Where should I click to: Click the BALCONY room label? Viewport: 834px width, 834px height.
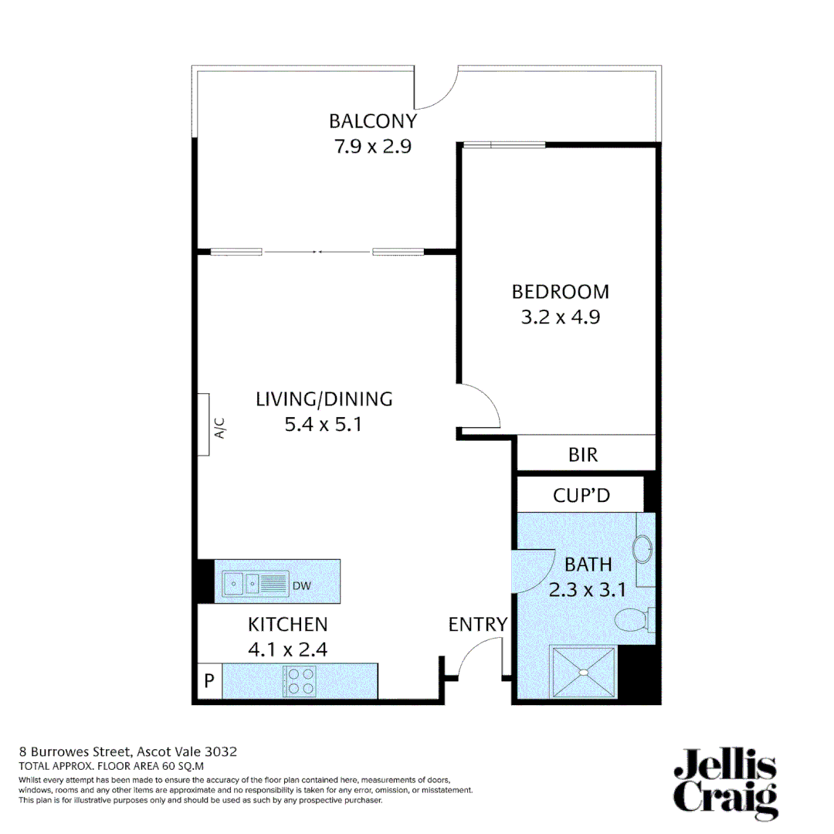[x=373, y=121]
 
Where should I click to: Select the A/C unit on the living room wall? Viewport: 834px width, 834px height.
[x=205, y=424]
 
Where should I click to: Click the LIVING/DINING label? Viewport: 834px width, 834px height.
[x=324, y=399]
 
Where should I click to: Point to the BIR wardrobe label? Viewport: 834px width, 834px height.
[x=583, y=455]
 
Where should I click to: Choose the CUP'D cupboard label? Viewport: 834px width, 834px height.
[x=581, y=495]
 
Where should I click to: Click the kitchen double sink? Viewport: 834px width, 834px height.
[x=255, y=584]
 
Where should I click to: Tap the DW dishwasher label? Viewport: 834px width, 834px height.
[x=301, y=586]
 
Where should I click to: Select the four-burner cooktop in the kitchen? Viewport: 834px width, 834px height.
[x=300, y=680]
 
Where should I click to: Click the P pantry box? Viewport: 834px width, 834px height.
[x=208, y=681]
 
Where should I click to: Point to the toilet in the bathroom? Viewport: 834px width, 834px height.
[x=635, y=619]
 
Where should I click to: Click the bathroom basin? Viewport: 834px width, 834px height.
[x=642, y=550]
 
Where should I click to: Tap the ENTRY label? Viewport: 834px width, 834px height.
[x=478, y=624]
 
